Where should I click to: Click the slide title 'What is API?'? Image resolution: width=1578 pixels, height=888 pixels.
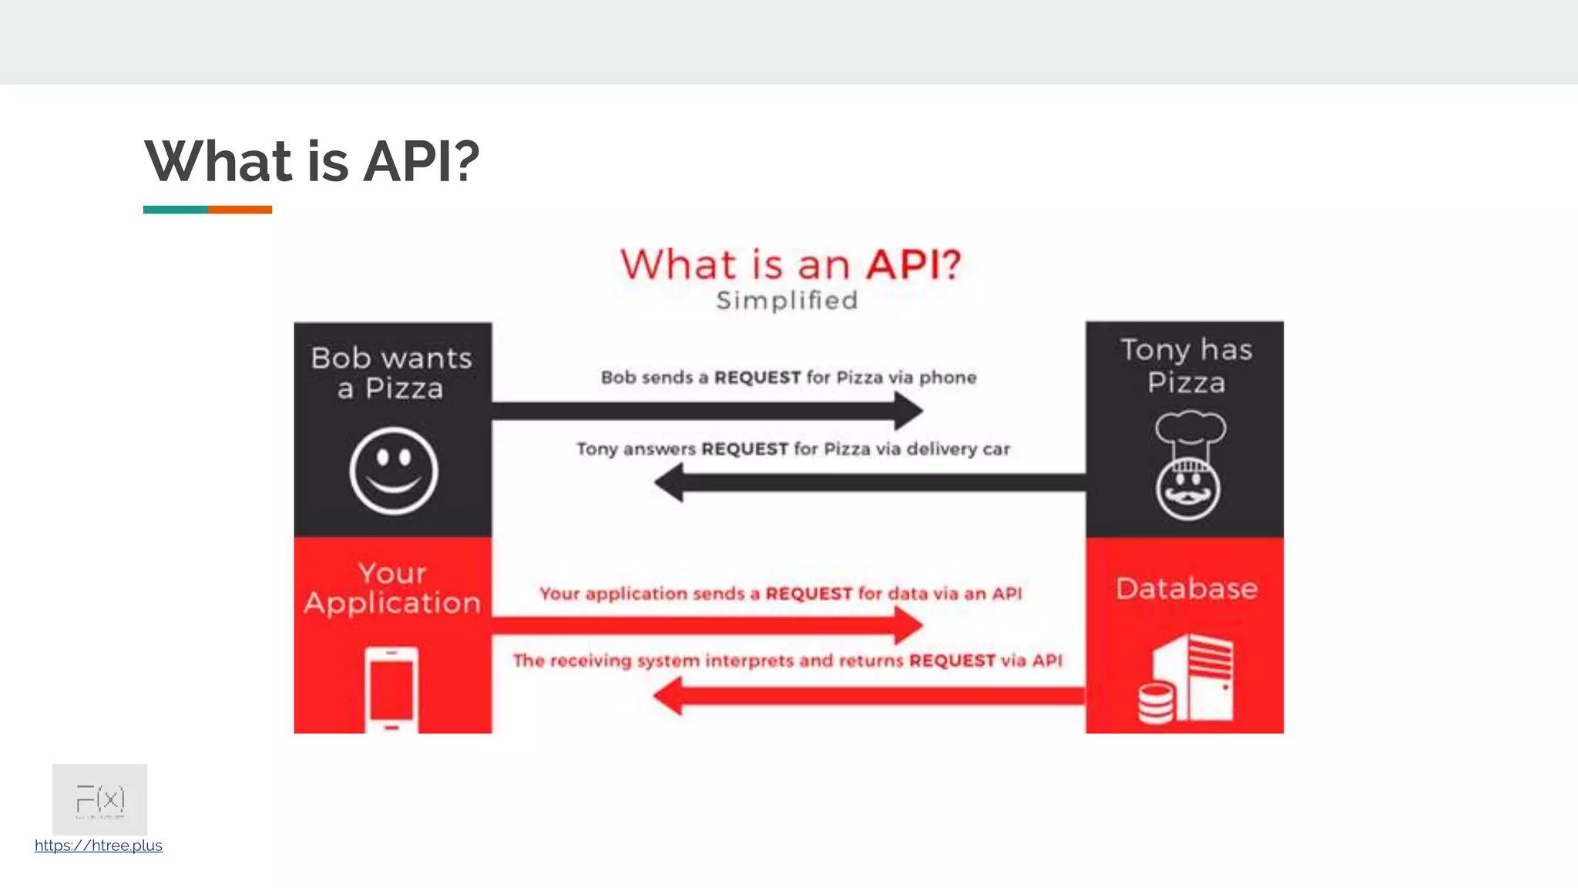click(312, 162)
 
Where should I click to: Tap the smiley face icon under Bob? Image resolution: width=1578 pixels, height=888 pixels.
click(394, 470)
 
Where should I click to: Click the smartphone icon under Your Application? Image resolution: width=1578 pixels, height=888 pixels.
click(391, 689)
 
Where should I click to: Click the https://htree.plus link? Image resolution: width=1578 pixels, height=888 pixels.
click(99, 846)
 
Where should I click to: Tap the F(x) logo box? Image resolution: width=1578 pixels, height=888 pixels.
click(99, 799)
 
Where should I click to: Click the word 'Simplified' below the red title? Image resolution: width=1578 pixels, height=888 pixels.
click(787, 301)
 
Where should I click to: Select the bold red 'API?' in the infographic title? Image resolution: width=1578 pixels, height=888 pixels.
click(914, 264)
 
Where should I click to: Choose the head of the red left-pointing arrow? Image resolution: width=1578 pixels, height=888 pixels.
click(668, 696)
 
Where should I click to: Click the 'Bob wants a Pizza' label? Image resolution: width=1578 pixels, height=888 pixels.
click(391, 373)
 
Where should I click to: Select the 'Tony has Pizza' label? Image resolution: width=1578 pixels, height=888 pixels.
click(1186, 366)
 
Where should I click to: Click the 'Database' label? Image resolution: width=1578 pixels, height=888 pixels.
click(1187, 589)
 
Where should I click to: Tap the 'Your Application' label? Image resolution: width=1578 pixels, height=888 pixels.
click(392, 588)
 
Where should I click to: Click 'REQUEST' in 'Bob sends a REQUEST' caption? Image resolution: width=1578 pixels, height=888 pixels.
click(757, 378)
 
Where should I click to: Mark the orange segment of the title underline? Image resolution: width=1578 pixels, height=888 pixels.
click(240, 210)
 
